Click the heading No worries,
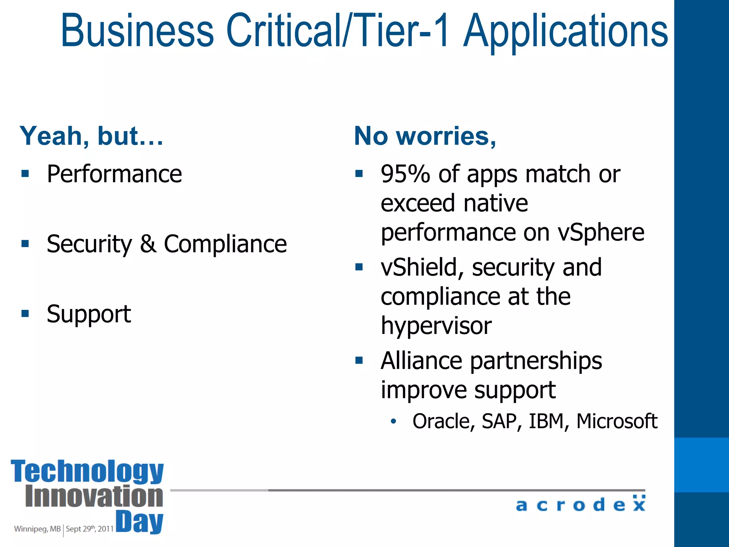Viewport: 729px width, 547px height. (425, 136)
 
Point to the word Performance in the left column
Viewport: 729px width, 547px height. (114, 174)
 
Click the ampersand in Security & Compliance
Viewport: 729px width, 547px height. (148, 244)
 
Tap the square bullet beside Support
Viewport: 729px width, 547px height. (25, 314)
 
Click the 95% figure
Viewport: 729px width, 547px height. (405, 174)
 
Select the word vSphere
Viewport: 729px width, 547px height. (601, 233)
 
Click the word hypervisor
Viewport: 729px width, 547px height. (436, 326)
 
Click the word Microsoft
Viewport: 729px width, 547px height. (617, 421)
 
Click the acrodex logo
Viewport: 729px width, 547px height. (581, 504)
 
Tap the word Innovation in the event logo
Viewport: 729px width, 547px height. (94, 496)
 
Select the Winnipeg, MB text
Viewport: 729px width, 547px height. (37, 529)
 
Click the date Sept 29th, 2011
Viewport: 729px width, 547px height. (90, 529)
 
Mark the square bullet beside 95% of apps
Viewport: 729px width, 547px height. (359, 174)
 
